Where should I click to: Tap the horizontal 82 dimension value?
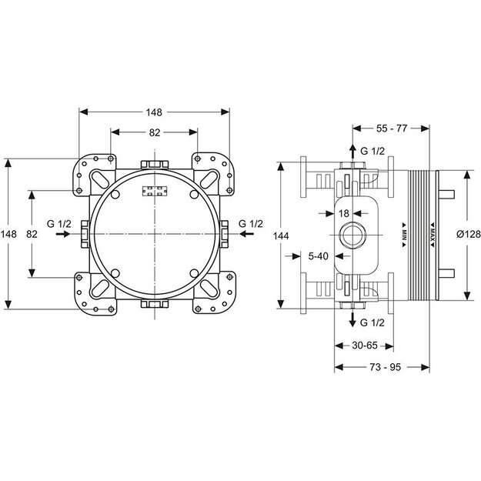(155, 132)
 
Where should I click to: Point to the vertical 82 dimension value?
(32, 233)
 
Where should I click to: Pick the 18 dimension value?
(344, 212)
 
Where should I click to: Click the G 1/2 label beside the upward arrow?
(373, 151)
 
